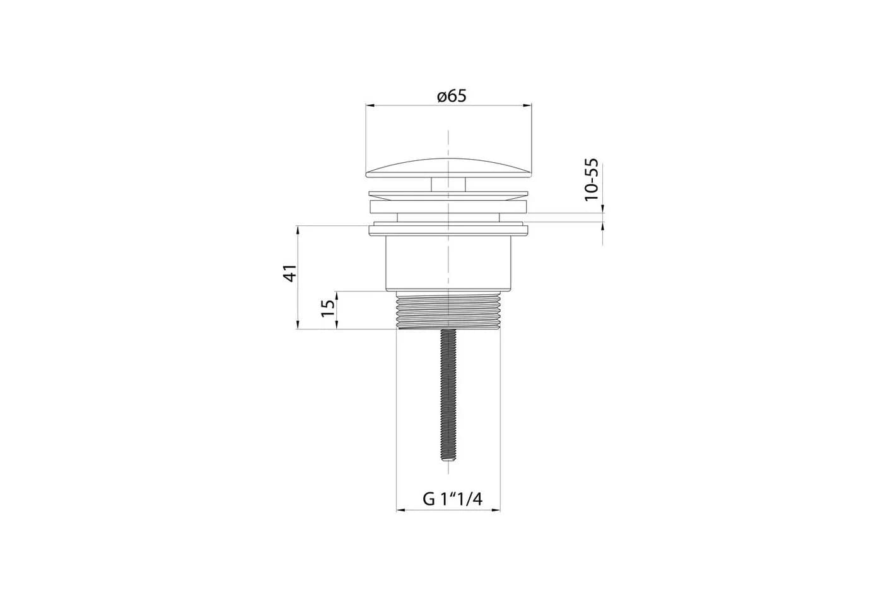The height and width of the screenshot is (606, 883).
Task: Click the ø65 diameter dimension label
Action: pyautogui.click(x=452, y=96)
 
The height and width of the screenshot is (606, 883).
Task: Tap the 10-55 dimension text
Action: pyautogui.click(x=592, y=180)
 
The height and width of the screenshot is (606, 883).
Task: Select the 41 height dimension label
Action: pyautogui.click(x=289, y=273)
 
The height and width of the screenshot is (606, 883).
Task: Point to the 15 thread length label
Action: pyautogui.click(x=328, y=308)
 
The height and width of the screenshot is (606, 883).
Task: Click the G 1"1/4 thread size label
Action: pyautogui.click(x=453, y=499)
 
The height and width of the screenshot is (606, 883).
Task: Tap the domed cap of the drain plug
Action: pyautogui.click(x=448, y=168)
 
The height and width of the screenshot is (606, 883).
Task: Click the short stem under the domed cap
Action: pyautogui.click(x=448, y=184)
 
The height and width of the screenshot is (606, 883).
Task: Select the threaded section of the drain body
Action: pyautogui.click(x=448, y=311)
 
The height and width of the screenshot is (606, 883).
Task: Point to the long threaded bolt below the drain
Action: pyautogui.click(x=448, y=395)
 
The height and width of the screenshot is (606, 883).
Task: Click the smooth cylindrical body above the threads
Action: pyautogui.click(x=448, y=263)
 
